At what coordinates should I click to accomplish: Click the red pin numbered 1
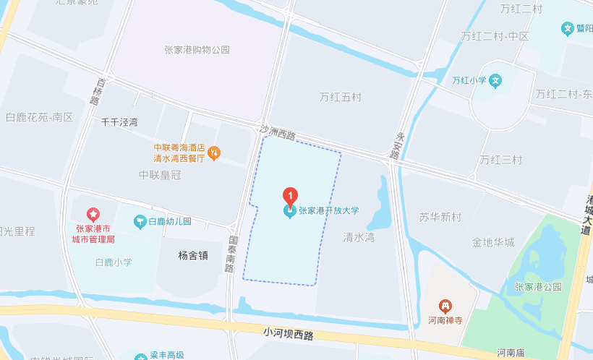289,195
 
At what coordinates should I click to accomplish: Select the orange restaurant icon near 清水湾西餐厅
214,153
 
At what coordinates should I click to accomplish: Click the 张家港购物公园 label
197,50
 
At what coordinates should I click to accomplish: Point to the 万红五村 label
340,96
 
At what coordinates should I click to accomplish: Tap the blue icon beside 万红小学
495,80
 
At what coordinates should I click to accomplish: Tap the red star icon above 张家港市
93,215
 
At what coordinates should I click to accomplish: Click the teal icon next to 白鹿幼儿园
140,221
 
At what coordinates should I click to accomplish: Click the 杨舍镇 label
193,254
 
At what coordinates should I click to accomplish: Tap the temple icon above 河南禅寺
446,307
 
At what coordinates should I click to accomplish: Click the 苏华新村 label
440,217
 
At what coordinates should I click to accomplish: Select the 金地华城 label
493,242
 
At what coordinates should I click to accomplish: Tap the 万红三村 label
500,160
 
